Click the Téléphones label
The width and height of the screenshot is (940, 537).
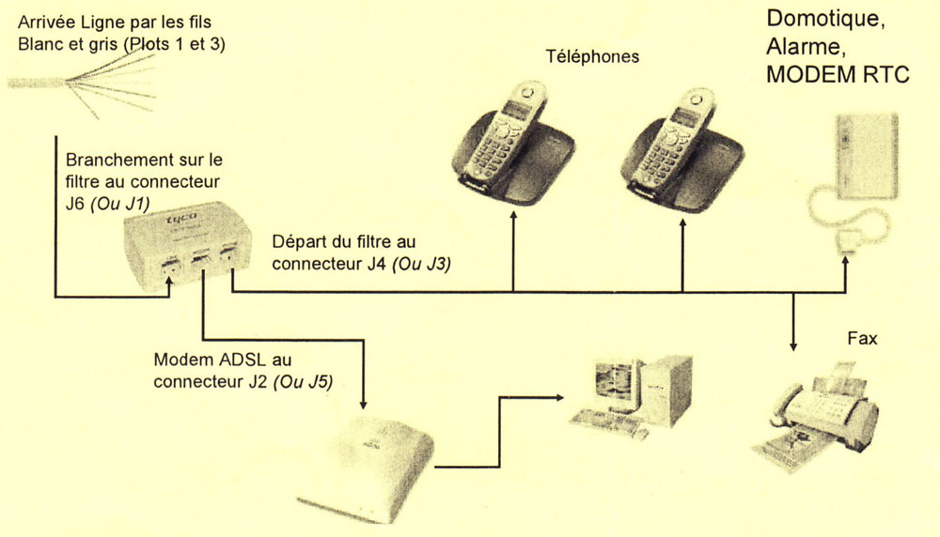coord(592,57)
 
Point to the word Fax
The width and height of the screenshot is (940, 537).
coord(862,339)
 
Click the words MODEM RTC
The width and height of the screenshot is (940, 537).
coord(838,75)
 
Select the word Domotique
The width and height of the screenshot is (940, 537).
coord(826,18)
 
